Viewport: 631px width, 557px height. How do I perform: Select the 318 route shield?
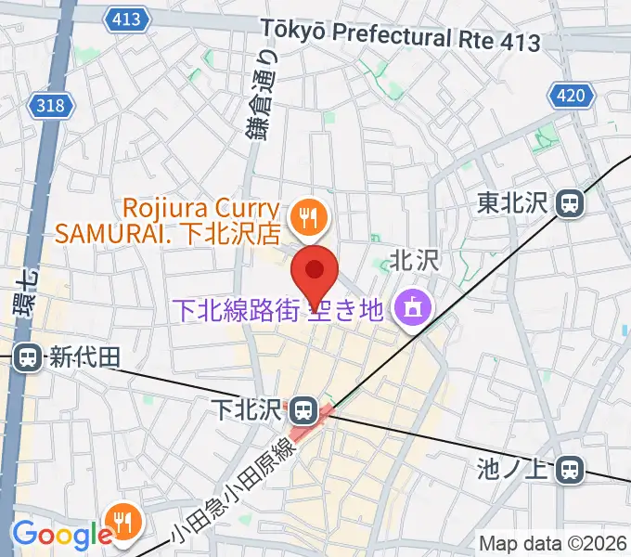point(52,105)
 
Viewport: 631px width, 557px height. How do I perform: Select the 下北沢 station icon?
point(302,408)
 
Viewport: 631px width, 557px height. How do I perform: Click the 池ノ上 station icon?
point(570,471)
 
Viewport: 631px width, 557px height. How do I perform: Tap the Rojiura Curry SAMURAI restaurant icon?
point(303,218)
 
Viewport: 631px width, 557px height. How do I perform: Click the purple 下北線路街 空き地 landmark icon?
point(408,308)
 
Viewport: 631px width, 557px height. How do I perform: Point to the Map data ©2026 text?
point(552,543)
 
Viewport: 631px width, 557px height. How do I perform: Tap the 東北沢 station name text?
point(515,201)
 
